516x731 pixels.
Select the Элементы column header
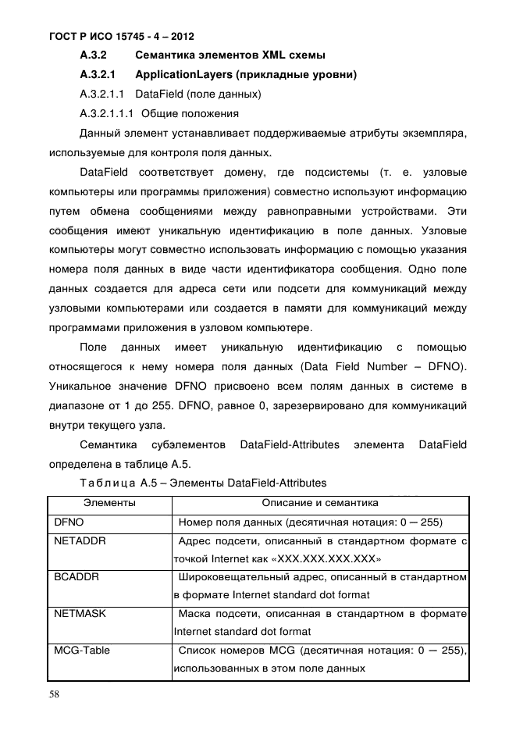(109, 504)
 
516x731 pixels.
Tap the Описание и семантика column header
(319, 504)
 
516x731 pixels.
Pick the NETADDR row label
(80, 540)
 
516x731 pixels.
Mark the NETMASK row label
(80, 614)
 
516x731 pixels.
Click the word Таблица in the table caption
(108, 483)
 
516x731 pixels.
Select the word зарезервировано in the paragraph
(305, 405)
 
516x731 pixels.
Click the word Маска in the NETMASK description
(194, 614)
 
